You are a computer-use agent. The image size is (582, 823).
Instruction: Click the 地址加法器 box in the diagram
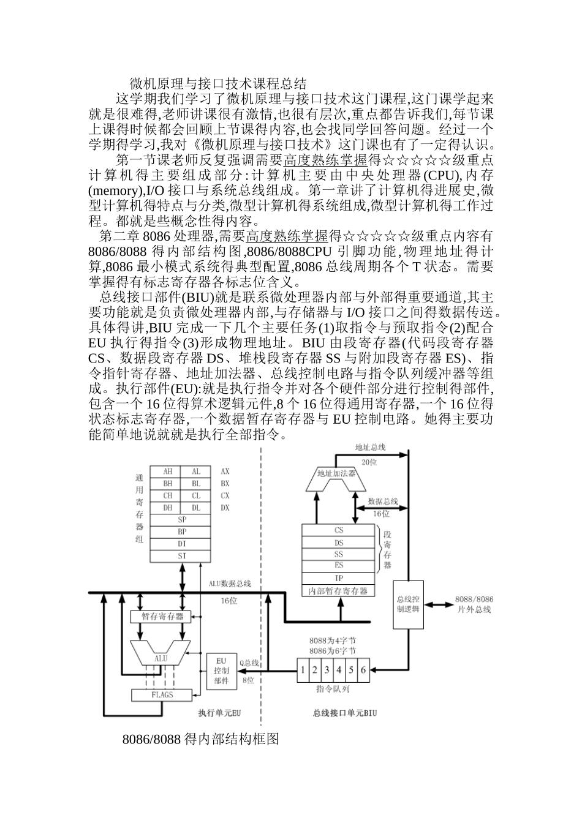(336, 474)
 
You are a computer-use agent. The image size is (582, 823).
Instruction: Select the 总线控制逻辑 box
(407, 604)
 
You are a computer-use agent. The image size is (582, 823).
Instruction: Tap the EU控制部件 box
(221, 670)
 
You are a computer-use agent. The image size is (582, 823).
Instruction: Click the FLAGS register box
(162, 695)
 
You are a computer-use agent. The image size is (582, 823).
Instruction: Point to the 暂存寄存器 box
(162, 616)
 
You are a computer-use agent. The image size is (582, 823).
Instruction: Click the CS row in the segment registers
(339, 530)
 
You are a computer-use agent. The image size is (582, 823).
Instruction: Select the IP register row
(339, 578)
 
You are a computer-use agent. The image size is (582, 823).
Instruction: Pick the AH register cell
(167, 472)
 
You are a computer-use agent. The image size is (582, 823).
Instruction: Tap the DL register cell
(196, 508)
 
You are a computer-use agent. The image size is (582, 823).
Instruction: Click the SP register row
(182, 519)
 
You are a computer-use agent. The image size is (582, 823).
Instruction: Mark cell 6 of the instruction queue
(363, 670)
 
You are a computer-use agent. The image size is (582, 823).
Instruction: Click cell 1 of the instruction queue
(303, 670)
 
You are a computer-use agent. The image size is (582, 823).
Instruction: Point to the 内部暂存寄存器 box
(339, 591)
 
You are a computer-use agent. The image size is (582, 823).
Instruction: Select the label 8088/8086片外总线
(475, 604)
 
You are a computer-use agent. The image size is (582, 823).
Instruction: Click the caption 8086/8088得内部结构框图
(201, 739)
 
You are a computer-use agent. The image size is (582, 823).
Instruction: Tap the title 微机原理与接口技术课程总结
(217, 83)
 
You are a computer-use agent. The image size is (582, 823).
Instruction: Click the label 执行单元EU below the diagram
(219, 713)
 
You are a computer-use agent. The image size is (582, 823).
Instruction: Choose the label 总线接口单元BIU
(344, 713)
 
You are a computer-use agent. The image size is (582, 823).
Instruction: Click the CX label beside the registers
(225, 495)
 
